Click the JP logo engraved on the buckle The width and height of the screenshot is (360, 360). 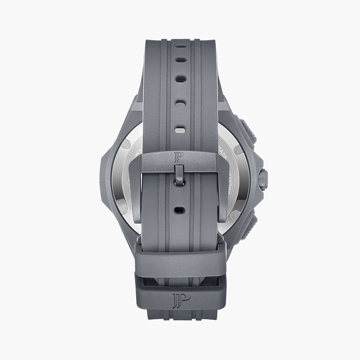coord(178,157)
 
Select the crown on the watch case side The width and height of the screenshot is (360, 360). coord(263,178)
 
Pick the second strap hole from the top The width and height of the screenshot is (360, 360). coord(178,78)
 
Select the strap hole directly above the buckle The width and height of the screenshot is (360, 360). coord(178,129)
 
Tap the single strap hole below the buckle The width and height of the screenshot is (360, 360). coord(178,211)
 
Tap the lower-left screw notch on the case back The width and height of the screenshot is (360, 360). coord(123,208)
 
